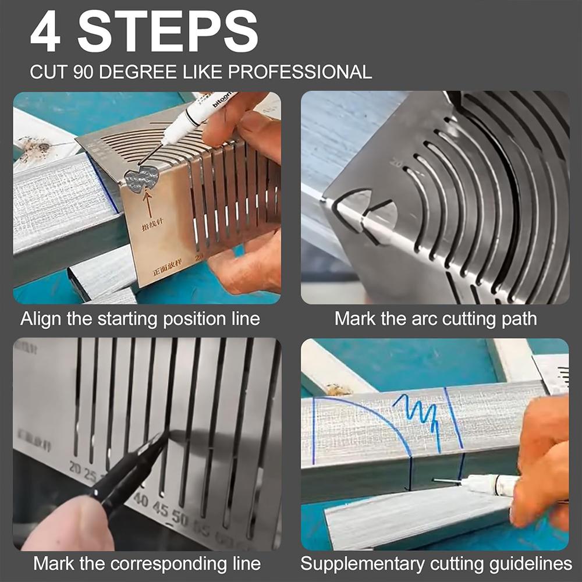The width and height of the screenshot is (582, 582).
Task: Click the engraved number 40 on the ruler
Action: pos(140,499)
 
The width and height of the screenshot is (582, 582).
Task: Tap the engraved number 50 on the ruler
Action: pos(180,518)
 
